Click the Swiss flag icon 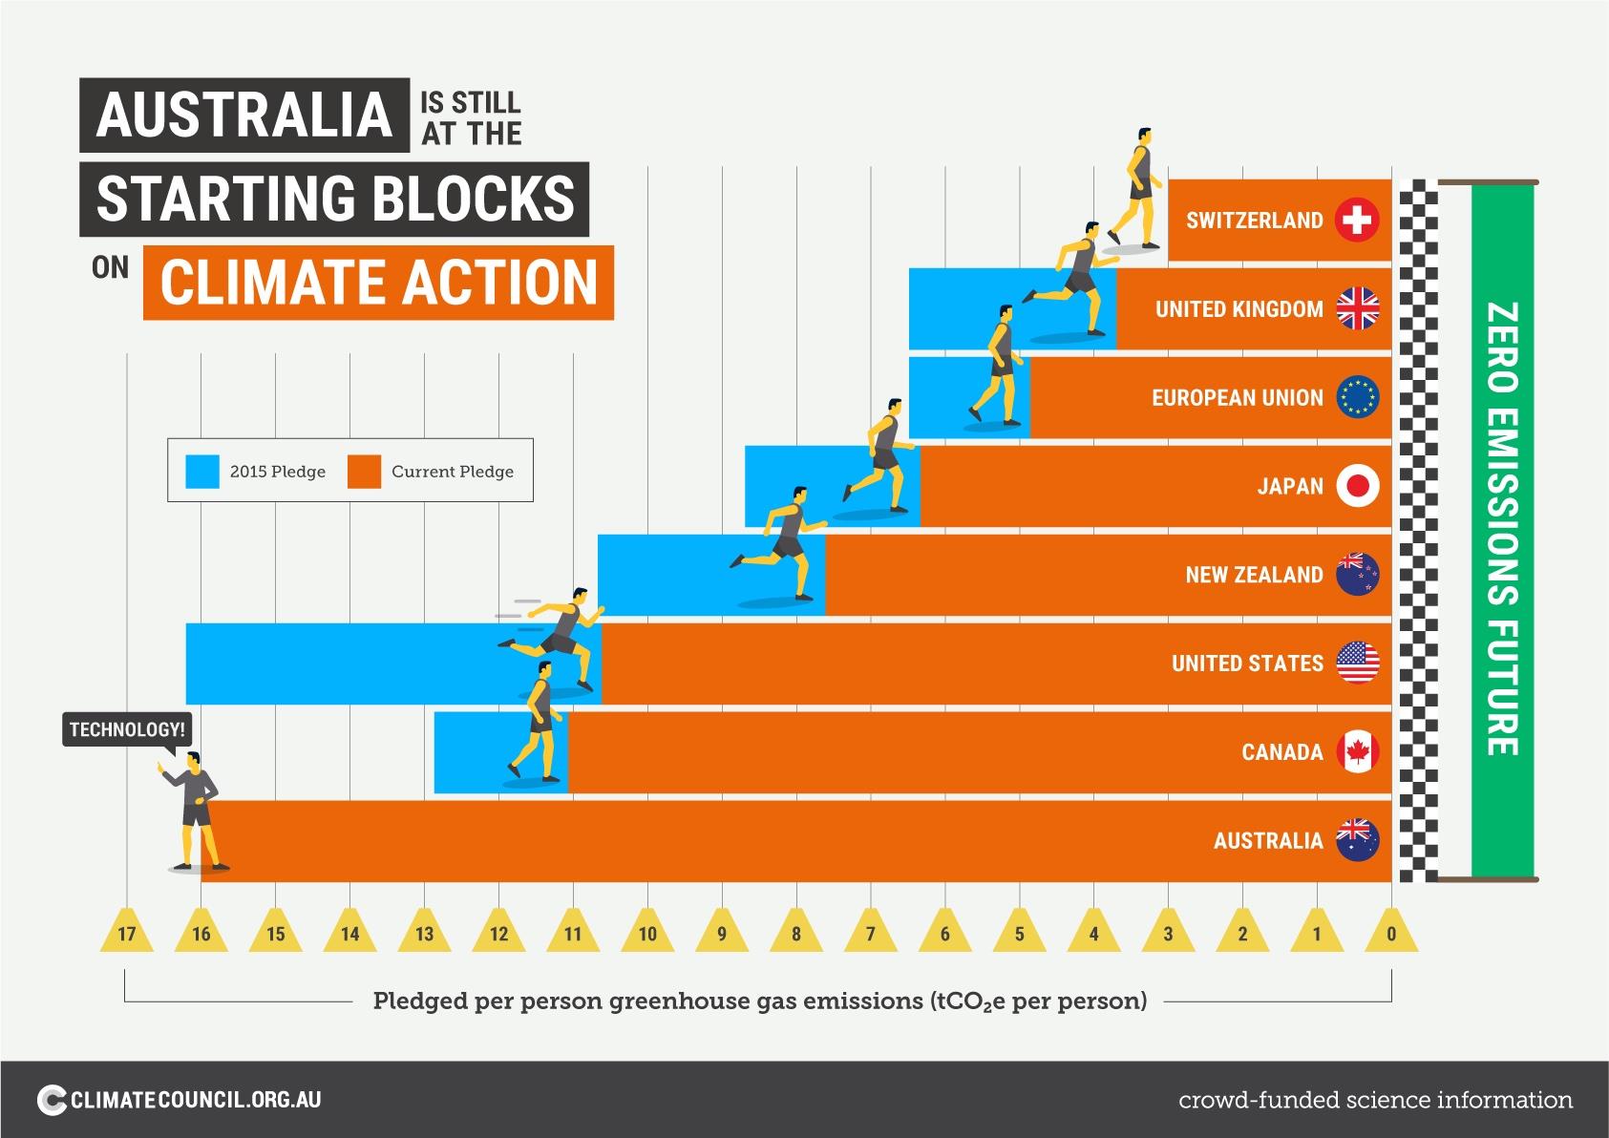[1357, 221]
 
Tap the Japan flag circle [1357, 487]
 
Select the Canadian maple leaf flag [1357, 752]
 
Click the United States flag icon [1357, 664]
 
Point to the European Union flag [1357, 398]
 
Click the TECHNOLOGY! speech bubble [127, 730]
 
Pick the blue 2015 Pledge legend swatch [202, 472]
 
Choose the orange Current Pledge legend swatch [364, 472]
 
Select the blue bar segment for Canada [477, 752]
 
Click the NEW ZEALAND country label [1254, 575]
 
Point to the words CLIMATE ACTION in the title [378, 282]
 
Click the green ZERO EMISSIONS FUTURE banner [1502, 530]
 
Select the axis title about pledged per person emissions [759, 1001]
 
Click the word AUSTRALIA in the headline [244, 115]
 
